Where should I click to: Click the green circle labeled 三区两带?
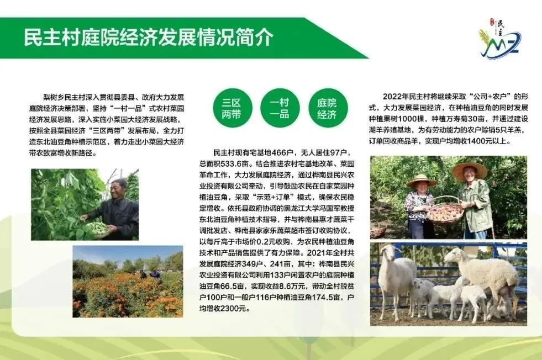pos(232,108)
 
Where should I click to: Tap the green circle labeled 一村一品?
pos(280,108)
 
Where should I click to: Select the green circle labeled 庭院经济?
pos(328,108)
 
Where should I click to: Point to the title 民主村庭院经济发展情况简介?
pos(149,38)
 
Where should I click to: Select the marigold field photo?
pos(128,282)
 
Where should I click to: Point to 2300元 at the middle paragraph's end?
pos(231,308)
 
